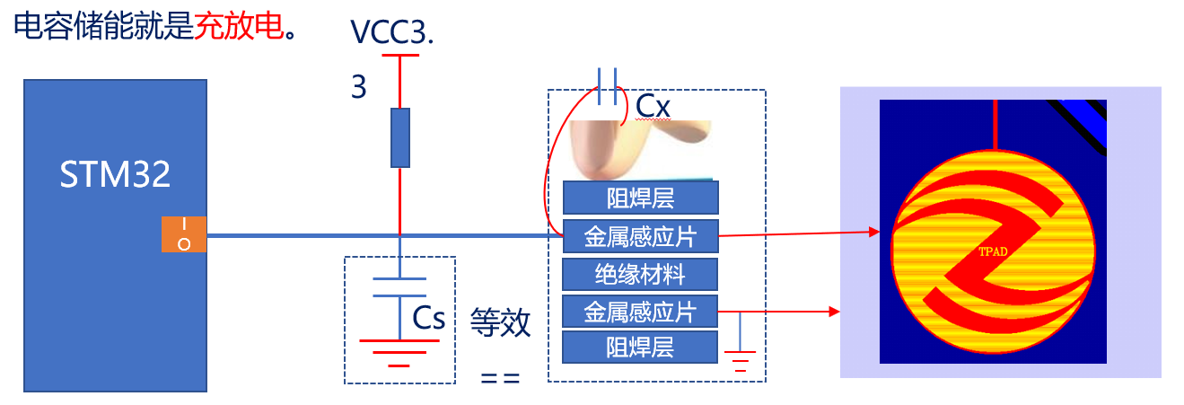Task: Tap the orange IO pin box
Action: [184, 234]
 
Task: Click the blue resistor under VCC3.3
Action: [400, 137]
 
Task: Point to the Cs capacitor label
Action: [429, 318]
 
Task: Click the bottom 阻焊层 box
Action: [640, 347]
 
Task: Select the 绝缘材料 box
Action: [640, 273]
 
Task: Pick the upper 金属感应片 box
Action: [640, 236]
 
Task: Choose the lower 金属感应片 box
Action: [640, 311]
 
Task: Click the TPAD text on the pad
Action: [994, 251]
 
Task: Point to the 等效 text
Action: [501, 322]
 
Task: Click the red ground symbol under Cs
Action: [399, 351]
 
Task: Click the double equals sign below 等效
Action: [501, 378]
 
